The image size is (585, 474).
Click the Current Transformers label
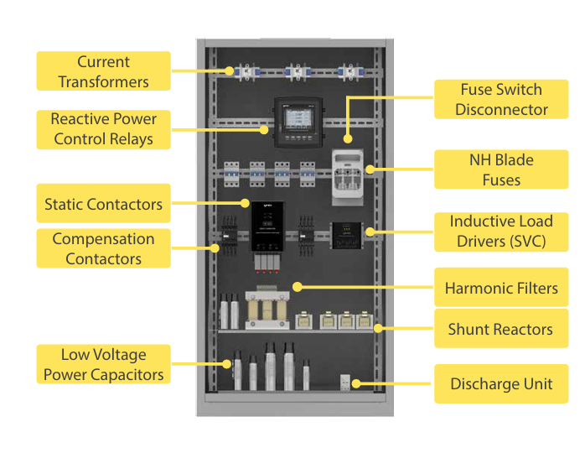(103, 71)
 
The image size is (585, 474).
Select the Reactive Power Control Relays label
(103, 129)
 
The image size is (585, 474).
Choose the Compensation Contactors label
(103, 248)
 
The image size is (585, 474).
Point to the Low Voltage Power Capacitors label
(103, 364)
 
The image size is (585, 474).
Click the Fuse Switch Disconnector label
(501, 99)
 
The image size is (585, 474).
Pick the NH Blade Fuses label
(501, 169)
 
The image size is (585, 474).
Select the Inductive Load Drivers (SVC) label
(501, 232)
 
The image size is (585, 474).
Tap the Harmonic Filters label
(501, 288)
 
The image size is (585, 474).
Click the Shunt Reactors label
(501, 329)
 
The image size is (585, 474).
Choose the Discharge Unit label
(501, 384)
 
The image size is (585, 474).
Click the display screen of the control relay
(299, 119)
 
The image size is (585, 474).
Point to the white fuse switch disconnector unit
(348, 177)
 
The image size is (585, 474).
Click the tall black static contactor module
(267, 226)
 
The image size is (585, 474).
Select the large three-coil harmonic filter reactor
(267, 308)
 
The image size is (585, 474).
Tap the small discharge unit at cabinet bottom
(345, 383)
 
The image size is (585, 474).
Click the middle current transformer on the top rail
(298, 71)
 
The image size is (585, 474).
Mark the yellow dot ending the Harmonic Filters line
(298, 287)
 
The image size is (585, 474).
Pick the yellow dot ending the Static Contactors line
(245, 203)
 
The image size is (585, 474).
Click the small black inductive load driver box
(347, 235)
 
